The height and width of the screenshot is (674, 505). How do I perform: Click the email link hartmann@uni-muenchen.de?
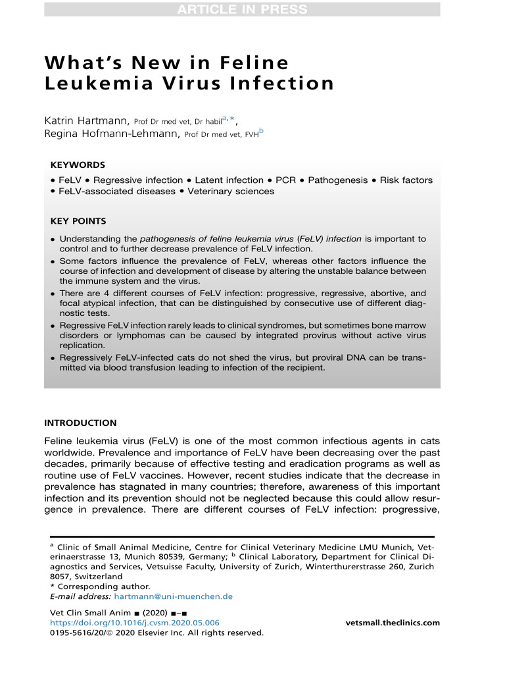point(174,596)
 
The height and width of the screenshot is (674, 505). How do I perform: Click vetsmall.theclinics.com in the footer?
point(392,623)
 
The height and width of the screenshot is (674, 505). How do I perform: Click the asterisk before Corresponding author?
point(53,586)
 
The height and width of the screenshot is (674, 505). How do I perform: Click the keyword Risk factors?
point(410,180)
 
